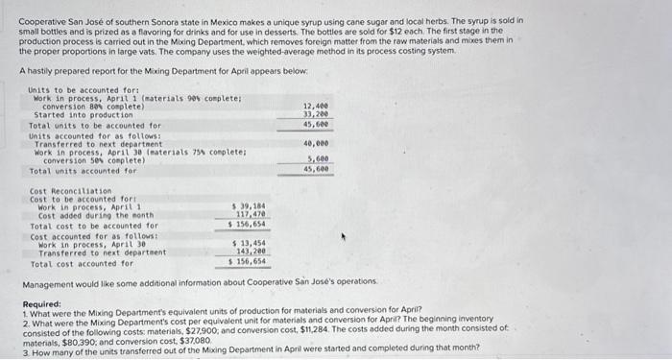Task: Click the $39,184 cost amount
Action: (x=250, y=206)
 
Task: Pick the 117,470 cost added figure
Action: (x=251, y=215)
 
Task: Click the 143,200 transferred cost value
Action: (x=251, y=252)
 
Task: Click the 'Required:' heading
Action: (x=42, y=304)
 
